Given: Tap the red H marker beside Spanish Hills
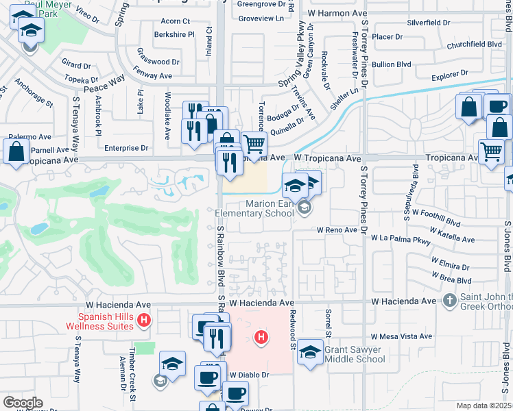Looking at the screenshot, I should pos(143,319).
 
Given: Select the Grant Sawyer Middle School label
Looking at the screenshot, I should pos(355,354).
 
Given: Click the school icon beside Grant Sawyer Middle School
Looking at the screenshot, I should pos(311,352).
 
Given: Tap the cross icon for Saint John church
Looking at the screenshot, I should pos(449,300).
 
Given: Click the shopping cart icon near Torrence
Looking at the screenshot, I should pos(254,144).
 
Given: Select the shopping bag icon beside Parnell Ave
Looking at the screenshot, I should pos(16,152).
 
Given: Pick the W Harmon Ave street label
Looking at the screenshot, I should pos(337,13).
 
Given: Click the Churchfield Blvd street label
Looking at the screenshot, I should pos(474,44).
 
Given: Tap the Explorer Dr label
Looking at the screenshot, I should pos(450,73).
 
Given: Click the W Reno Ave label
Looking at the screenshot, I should pos(337,230).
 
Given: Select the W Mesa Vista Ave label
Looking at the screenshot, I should pos(401,336).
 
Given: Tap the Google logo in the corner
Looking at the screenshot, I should pos(23,403).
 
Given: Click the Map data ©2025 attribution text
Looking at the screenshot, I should pos(484,406).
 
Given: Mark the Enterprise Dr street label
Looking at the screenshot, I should pos(126,147).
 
